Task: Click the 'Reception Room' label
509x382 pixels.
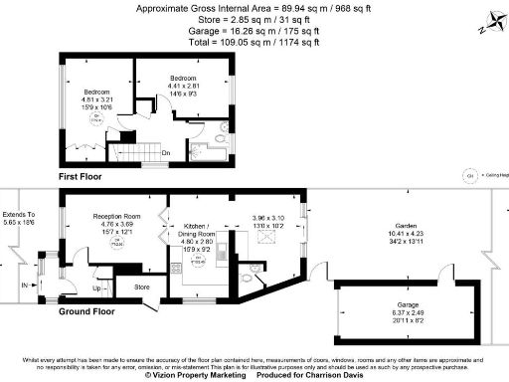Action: (x=117, y=215)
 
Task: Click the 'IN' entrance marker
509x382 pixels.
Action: (x=25, y=285)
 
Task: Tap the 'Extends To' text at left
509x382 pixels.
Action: (x=19, y=214)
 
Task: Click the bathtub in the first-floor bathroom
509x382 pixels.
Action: (x=208, y=153)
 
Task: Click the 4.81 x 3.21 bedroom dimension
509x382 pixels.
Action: (x=97, y=98)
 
